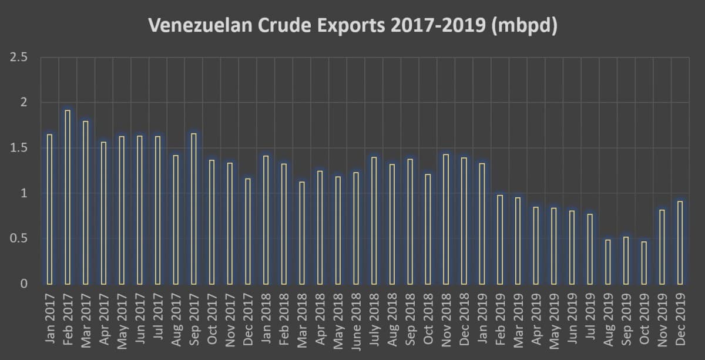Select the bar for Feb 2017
point(68,197)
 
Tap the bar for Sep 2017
point(194,208)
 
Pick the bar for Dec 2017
point(248,231)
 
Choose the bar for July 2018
point(374,220)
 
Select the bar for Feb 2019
point(500,239)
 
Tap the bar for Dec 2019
point(680,243)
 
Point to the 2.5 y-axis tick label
point(19,58)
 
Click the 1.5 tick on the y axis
point(19,148)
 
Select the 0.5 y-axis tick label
point(19,238)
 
